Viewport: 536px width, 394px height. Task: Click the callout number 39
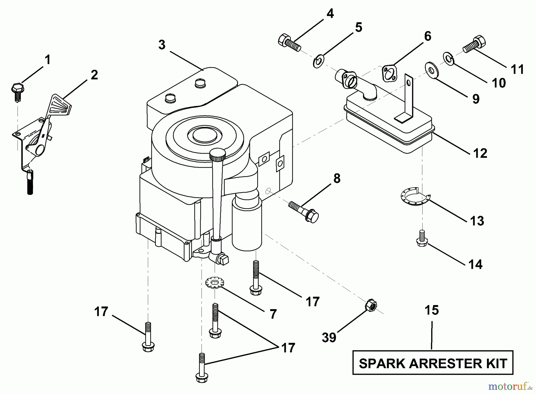coord(329,337)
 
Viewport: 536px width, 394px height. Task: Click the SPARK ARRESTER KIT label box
coord(433,362)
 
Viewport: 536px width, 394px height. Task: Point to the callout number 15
coord(432,310)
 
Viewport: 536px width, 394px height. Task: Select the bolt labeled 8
coord(303,212)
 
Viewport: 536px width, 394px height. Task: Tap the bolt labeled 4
coord(289,43)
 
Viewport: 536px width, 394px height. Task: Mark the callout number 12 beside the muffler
coord(480,153)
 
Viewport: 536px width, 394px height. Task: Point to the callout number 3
coord(162,45)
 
